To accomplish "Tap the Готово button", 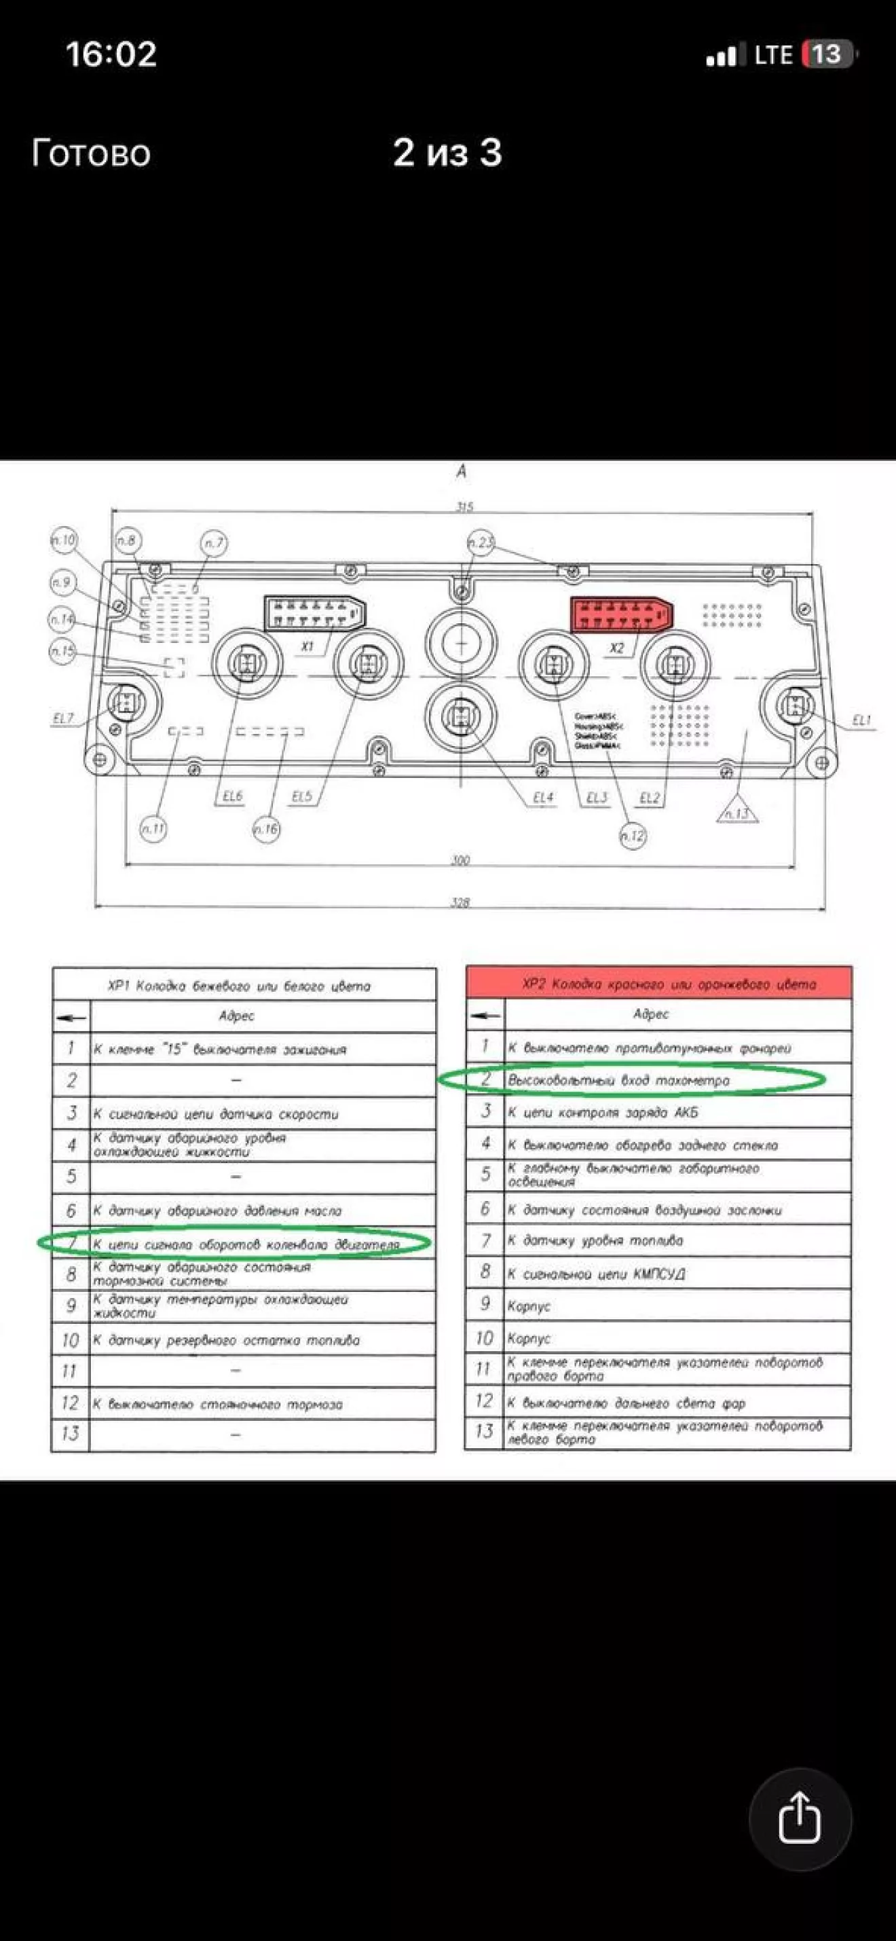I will coord(91,153).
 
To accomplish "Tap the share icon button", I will coord(800,1818).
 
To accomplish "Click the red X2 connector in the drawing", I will coord(620,614).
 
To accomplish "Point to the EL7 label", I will coord(63,718).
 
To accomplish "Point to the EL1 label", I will coord(861,720).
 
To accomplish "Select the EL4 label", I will coord(542,797).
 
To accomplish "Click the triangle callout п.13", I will coord(737,811).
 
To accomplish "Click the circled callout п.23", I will coord(481,542).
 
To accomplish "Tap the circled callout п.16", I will coord(266,829).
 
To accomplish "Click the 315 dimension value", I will coord(464,506).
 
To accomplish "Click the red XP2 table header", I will coord(658,984).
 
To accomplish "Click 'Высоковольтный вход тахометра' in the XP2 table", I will coord(618,1079).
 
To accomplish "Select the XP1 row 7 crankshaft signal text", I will coord(246,1244).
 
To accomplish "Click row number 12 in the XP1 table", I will coord(70,1402).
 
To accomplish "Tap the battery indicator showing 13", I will coord(827,54).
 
